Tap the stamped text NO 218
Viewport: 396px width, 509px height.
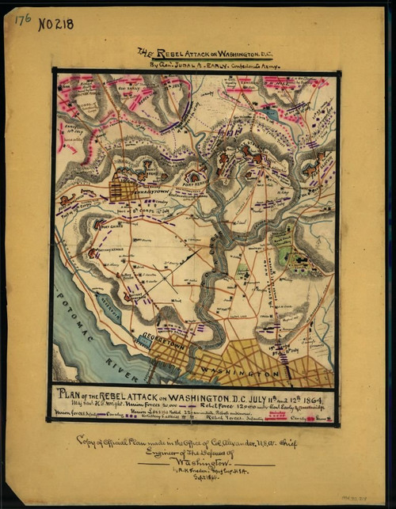pos(56,24)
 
